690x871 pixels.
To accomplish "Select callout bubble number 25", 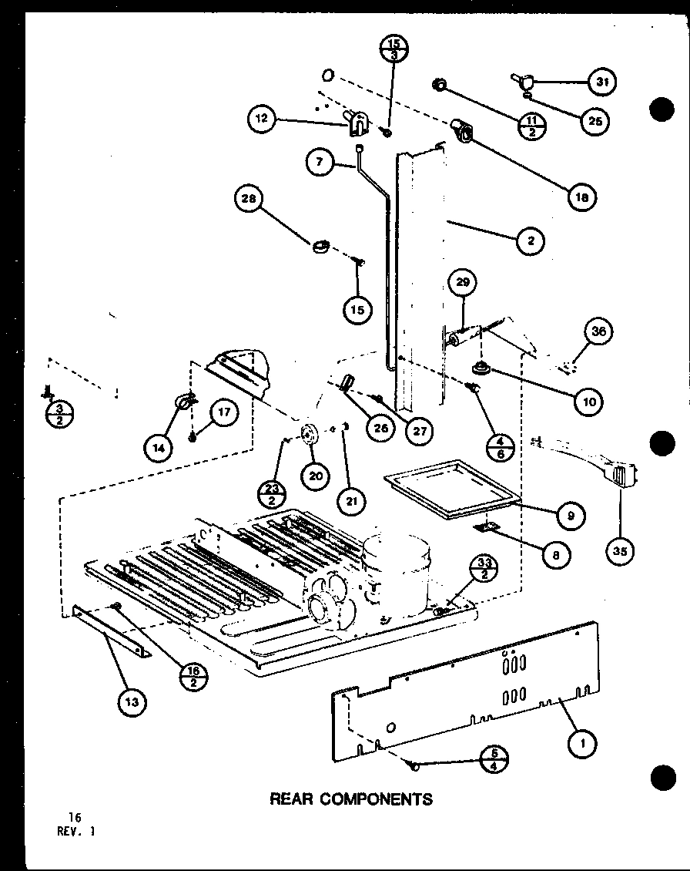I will click(595, 120).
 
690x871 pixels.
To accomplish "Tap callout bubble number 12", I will click(263, 119).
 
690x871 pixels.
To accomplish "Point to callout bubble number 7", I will click(320, 162).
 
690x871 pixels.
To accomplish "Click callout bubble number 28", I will click(249, 200).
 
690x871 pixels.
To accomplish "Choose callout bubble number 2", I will click(531, 240).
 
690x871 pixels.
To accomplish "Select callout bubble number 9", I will click(570, 516).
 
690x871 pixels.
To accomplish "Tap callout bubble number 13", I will click(132, 701).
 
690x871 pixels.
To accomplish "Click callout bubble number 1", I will click(583, 744).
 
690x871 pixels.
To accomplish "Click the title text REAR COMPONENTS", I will click(350, 799).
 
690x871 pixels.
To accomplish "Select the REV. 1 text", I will click(78, 831).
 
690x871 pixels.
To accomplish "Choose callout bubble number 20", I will click(314, 476).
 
